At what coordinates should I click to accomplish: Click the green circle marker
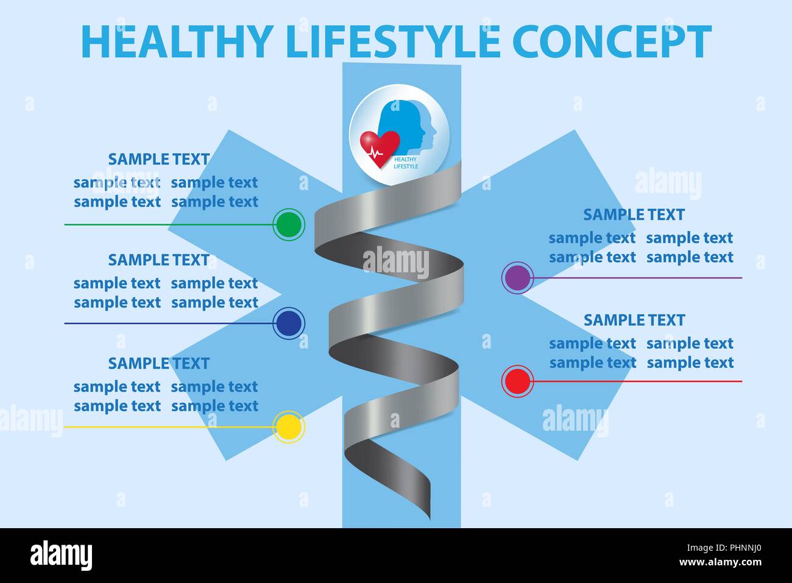coord(289,225)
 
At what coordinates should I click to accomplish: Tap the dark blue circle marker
coord(289,323)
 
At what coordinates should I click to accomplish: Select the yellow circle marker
coord(289,426)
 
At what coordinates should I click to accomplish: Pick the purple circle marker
coord(518,278)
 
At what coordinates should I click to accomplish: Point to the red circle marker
coord(518,381)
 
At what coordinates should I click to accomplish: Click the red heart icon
coord(380,149)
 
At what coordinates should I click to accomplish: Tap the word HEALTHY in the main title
coord(177,41)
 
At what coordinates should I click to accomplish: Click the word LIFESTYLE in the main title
coord(393,41)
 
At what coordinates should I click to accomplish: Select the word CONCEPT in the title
coord(612,41)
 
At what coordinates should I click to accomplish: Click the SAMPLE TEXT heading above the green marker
coord(159,160)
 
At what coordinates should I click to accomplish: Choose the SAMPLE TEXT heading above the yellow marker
coord(159,364)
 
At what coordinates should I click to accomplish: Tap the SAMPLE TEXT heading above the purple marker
coord(634,214)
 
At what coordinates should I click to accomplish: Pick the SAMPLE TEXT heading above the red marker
coord(634,320)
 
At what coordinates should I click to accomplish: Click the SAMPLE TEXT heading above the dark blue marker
coord(159,260)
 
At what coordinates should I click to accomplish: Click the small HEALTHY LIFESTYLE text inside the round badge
coord(406,163)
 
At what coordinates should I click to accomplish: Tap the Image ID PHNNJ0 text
coord(724,548)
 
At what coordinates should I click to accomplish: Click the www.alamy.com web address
coord(720,562)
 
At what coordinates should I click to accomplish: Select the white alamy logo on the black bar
coord(61,555)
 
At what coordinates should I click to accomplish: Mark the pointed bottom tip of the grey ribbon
coord(430,520)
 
